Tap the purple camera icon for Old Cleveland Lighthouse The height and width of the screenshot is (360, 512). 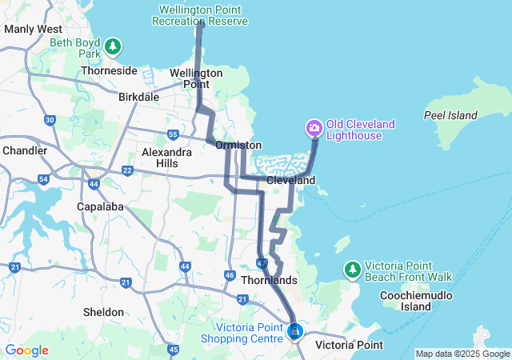tap(314, 127)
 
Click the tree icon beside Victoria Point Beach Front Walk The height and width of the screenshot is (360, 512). tap(351, 270)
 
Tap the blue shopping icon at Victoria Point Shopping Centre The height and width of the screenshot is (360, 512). tap(295, 330)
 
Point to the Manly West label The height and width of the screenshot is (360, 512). tap(30, 29)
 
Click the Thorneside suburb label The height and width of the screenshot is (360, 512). tap(110, 70)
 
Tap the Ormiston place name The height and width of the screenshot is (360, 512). tap(238, 145)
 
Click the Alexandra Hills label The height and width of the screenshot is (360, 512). tap(166, 158)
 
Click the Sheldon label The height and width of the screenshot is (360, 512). tap(103, 312)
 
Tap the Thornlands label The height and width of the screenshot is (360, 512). tap(274, 281)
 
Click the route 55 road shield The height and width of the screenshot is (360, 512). tap(173, 134)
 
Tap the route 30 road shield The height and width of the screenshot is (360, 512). tap(50, 120)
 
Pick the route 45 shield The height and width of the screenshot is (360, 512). tap(174, 349)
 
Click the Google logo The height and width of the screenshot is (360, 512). tap(26, 350)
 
